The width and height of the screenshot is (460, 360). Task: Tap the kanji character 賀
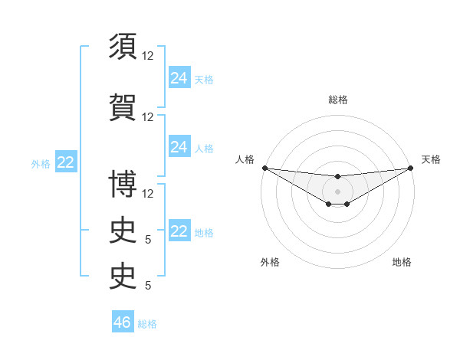pos(123,106)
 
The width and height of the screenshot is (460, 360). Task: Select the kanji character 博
pos(123,184)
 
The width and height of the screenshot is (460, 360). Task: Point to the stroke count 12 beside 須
pos(148,56)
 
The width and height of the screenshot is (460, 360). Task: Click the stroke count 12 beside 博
pos(148,194)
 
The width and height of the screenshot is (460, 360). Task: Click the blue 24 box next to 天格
pos(179,78)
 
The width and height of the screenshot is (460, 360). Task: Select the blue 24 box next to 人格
pos(179,147)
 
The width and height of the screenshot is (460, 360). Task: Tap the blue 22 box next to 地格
pos(179,231)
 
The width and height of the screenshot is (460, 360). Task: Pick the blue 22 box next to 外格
pos(65,162)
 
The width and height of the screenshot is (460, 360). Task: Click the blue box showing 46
pos(122,322)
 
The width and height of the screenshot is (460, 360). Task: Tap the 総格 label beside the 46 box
pos(147,324)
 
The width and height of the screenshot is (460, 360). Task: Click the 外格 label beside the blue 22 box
pos(40,164)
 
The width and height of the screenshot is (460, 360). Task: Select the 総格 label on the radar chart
pos(337,100)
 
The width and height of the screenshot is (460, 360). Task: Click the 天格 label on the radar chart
pos(431,159)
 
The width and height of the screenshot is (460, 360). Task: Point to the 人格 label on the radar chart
pos(245,159)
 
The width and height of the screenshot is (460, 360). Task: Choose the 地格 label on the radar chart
pos(402,262)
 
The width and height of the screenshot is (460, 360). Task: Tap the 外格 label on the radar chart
pos(270,262)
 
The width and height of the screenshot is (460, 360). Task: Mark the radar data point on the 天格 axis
pos(410,168)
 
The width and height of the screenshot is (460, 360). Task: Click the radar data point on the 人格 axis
pos(264,168)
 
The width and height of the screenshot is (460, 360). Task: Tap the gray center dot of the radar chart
pos(337,191)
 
